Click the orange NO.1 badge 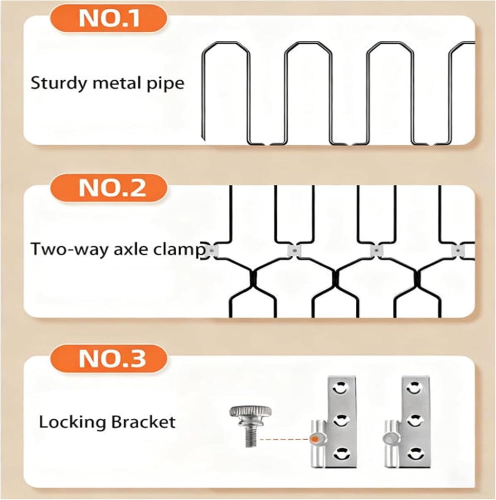[109, 18]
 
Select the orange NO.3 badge [109, 358]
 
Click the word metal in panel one [117, 83]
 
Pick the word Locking [72, 423]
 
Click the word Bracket [144, 422]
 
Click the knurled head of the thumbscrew [251, 412]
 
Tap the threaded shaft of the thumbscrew [251, 433]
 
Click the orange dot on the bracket [315, 439]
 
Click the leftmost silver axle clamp [211, 251]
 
